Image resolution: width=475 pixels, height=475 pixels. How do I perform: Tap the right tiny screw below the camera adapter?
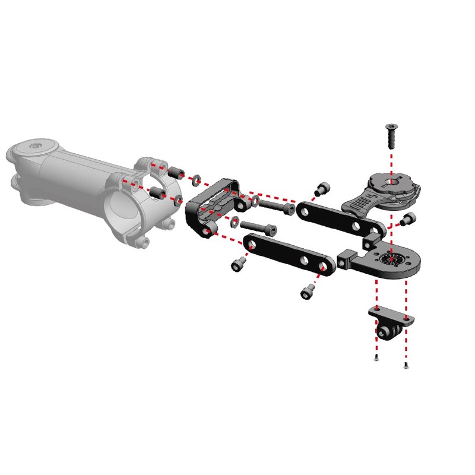click(406, 365)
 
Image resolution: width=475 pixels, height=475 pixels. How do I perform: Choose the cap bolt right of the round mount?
click(407, 220)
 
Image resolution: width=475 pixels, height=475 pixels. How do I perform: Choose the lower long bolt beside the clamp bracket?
click(258, 226)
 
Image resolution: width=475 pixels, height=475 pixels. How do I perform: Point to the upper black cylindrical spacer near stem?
click(175, 172)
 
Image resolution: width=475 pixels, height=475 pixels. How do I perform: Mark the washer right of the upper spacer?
click(197, 178)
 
